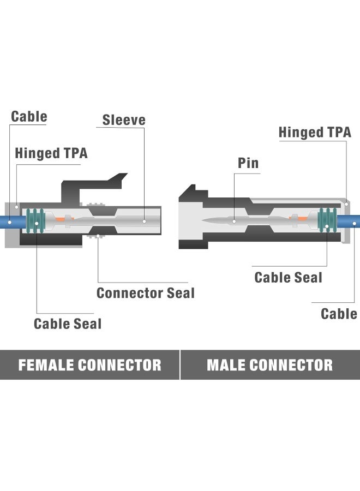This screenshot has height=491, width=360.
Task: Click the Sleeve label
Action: tap(124, 119)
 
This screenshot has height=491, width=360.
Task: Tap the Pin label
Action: tap(248, 163)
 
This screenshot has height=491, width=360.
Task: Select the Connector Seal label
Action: tap(146, 293)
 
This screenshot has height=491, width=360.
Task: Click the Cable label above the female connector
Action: tap(29, 116)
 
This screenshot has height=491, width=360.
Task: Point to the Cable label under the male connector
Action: tap(339, 314)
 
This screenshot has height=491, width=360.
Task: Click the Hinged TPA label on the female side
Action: tap(51, 153)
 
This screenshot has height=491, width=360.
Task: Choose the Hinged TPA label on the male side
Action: tap(315, 132)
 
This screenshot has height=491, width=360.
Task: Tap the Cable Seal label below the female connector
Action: tap(68, 324)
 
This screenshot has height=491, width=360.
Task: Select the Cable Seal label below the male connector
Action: tap(288, 277)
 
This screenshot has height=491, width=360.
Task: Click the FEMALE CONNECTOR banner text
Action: tap(89, 365)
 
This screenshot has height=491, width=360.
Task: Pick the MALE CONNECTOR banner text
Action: tap(269, 365)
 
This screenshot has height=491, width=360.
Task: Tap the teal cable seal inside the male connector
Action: tap(327, 220)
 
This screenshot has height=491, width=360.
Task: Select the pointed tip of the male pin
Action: tap(205, 221)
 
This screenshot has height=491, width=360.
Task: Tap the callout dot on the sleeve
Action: tap(144, 221)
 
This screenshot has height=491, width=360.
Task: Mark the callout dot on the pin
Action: tap(235, 221)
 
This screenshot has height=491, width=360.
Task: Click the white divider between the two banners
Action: tap(180, 364)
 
